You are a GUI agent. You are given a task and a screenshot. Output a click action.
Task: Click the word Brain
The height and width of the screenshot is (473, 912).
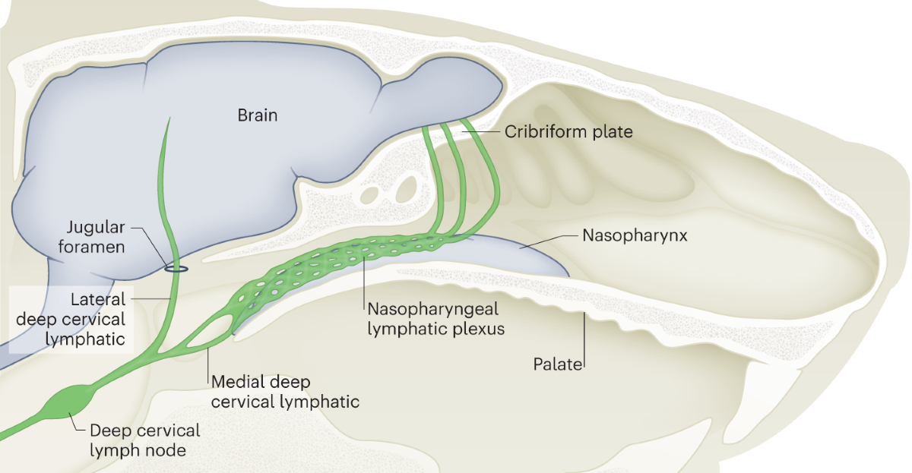[258, 115]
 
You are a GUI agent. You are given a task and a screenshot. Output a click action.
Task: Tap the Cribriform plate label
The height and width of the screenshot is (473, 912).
[568, 131]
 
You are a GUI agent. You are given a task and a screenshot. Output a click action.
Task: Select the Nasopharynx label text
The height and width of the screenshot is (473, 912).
[635, 235]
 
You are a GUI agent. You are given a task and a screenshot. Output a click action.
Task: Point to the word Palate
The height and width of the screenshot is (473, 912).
[556, 365]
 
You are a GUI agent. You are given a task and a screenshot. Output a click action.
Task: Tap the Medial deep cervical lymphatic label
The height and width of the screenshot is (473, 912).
[285, 391]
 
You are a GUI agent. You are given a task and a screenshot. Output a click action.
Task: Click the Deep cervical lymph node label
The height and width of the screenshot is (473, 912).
[144, 440]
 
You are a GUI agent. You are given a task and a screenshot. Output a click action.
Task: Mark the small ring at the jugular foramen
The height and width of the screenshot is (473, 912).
[177, 267]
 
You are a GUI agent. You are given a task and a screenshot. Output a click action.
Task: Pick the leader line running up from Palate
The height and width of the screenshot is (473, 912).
[584, 342]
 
